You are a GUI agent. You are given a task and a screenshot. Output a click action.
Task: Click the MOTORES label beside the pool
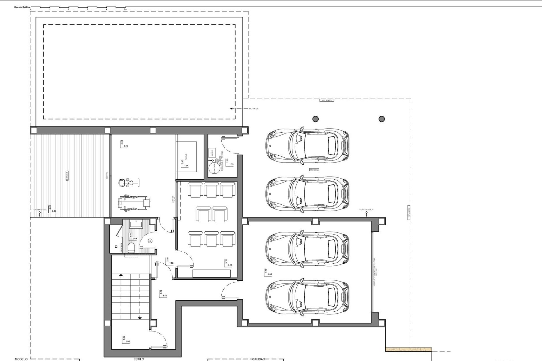(x=253, y=109)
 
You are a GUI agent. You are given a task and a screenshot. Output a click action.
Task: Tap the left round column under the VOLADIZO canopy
(x=315, y=119)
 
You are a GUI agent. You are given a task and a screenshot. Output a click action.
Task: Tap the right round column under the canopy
(x=381, y=119)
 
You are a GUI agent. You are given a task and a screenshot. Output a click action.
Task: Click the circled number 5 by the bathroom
(x=150, y=241)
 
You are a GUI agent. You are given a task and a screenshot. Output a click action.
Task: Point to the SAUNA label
(x=186, y=157)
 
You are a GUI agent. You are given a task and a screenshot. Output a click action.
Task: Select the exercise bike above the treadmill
(x=128, y=183)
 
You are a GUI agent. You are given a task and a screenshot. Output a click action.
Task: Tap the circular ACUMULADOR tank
(x=214, y=168)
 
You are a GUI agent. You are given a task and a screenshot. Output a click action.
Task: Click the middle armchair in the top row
(x=212, y=190)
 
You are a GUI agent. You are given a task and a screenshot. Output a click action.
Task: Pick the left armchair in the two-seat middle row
(x=203, y=214)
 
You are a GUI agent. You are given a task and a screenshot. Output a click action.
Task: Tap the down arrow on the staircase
(x=140, y=318)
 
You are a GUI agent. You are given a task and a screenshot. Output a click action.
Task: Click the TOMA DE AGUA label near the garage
(x=366, y=210)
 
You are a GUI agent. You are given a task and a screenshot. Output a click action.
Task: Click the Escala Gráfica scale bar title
(x=24, y=6)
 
